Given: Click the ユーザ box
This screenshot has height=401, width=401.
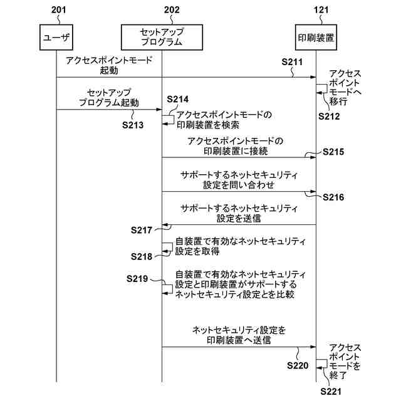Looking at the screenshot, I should pos(56,38).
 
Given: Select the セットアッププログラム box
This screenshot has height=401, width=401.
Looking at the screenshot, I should pos(162,38).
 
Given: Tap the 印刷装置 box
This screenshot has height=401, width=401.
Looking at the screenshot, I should pos(315,38).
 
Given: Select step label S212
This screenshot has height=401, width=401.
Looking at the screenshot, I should pos(329,116).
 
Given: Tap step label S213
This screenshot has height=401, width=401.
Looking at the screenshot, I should pos(133,125).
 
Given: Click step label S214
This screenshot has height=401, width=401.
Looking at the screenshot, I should pos(178,100).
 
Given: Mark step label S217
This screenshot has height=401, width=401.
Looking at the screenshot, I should pos(142,231).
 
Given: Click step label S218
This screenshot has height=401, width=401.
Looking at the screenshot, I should pos(142,256).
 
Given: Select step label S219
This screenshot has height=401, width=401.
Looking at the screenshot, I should pos(137,277).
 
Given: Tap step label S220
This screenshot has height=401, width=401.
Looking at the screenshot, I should pos(298,365).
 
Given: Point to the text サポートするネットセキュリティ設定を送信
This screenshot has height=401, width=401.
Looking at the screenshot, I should pos(238,214).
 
